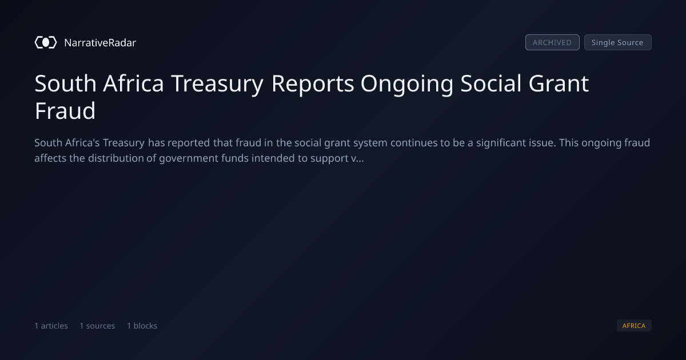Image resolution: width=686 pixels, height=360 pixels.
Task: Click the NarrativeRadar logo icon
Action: [46, 42]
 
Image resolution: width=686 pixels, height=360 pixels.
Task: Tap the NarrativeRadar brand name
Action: [100, 43]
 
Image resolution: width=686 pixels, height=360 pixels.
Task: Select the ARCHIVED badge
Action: [552, 42]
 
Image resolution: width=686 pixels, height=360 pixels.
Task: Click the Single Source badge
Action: [618, 42]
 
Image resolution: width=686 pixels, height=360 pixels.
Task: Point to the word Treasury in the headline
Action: [217, 83]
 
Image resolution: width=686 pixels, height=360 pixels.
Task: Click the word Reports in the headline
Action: [313, 83]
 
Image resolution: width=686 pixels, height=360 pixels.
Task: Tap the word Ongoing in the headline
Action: [407, 84]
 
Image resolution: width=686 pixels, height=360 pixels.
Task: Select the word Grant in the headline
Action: [559, 83]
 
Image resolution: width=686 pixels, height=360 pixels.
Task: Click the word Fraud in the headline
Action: [65, 110]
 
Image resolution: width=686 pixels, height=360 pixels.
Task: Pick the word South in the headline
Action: [66, 83]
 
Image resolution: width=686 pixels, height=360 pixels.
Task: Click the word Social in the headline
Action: [491, 83]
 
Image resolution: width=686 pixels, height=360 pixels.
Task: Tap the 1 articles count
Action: [51, 326]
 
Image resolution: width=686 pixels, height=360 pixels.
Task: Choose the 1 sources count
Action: [97, 326]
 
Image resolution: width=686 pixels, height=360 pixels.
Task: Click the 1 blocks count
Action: [142, 326]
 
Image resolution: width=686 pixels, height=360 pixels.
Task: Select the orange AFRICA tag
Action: [634, 326]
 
